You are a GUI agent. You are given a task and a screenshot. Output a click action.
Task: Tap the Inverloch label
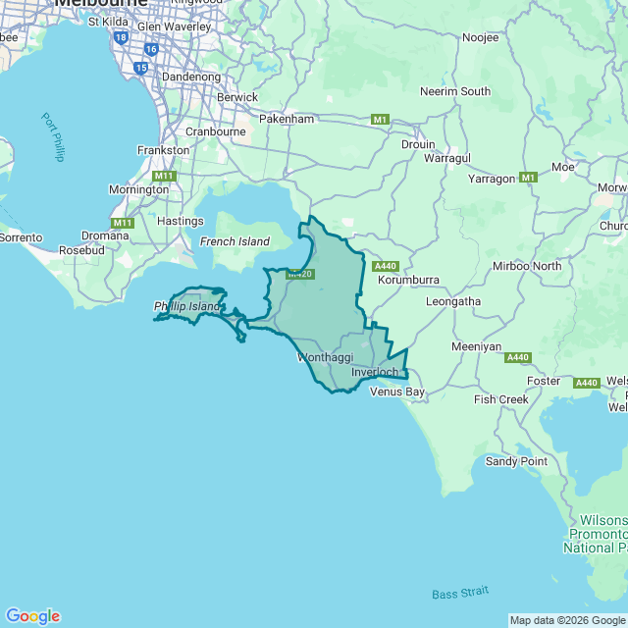click(x=375, y=373)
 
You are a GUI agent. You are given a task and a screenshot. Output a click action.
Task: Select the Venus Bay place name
click(x=397, y=392)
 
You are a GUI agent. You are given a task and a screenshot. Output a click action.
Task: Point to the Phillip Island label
click(x=187, y=307)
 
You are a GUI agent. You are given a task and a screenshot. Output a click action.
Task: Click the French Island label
click(x=235, y=241)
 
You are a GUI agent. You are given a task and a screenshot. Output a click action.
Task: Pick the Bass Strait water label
click(x=460, y=594)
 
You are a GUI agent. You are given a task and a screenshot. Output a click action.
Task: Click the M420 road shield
click(x=299, y=274)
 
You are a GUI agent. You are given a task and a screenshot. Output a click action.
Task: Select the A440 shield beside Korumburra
click(x=386, y=266)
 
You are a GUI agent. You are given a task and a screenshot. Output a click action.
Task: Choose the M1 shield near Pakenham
click(x=381, y=120)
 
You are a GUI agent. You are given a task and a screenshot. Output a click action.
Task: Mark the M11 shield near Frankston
click(x=163, y=176)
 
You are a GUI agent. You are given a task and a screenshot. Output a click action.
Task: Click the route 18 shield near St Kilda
click(x=121, y=36)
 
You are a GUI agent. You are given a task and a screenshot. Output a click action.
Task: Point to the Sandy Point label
click(x=516, y=461)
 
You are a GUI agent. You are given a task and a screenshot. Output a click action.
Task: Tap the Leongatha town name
click(x=453, y=301)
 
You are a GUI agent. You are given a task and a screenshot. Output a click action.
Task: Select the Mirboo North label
click(x=528, y=266)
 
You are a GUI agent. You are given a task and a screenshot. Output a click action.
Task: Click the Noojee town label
click(x=480, y=37)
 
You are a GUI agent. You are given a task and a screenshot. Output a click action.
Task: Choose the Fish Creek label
click(x=500, y=399)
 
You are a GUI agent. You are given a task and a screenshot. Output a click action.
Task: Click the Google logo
click(x=32, y=615)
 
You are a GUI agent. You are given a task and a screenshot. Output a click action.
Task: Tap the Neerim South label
click(x=455, y=91)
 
